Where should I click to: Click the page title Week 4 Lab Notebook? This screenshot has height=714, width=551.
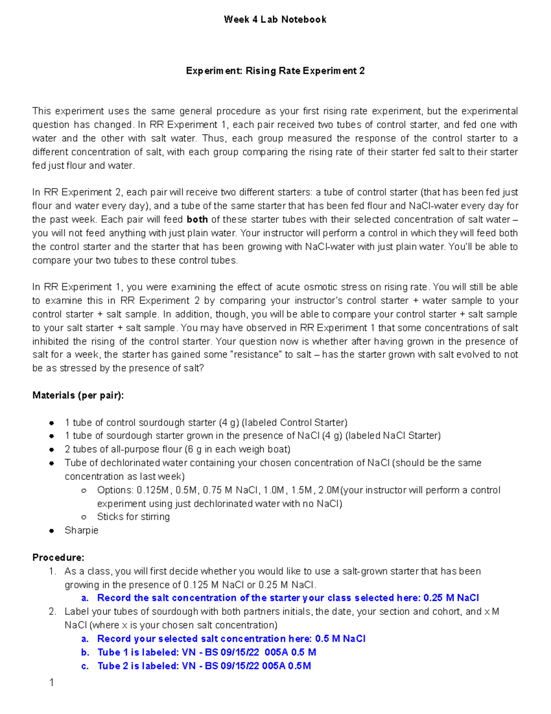click(275, 19)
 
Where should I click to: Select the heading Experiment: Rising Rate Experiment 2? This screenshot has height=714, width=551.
click(275, 71)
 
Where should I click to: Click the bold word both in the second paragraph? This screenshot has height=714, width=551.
click(197, 219)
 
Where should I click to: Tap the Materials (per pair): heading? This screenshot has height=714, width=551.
click(78, 395)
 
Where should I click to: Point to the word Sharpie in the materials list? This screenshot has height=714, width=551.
click(81, 530)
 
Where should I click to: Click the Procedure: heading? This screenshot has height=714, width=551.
click(58, 558)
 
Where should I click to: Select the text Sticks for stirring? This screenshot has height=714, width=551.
click(133, 517)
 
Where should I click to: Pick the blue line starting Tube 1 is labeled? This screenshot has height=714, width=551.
click(207, 652)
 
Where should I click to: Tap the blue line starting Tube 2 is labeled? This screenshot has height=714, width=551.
click(204, 666)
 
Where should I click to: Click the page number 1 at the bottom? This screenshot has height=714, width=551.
click(51, 683)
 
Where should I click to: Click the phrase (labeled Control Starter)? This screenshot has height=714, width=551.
click(294, 423)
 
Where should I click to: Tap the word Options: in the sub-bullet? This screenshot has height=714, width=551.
click(115, 490)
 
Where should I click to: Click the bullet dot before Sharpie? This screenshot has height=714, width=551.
click(52, 531)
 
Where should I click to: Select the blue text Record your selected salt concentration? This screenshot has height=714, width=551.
click(191, 639)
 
